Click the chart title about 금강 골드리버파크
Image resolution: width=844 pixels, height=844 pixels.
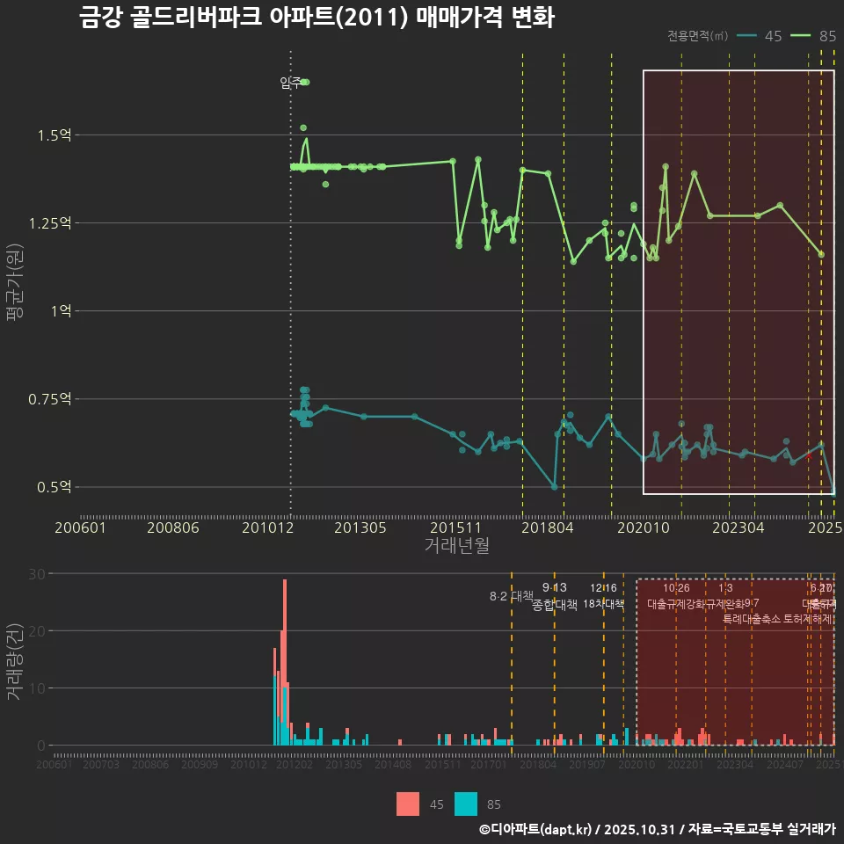click(316, 18)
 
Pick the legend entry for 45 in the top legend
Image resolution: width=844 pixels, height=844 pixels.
click(760, 36)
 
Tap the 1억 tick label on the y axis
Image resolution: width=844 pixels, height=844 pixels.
click(65, 311)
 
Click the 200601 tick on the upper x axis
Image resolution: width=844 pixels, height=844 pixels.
click(80, 528)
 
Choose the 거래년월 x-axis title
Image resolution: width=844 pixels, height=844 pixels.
click(457, 545)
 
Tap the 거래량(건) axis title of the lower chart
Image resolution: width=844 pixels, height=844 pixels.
click(14, 662)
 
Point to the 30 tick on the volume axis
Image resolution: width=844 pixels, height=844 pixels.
click(36, 573)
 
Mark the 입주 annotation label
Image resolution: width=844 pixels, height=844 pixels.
click(290, 83)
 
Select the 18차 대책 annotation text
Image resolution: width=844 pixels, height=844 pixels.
click(603, 604)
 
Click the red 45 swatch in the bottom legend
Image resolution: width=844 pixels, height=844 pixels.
click(408, 804)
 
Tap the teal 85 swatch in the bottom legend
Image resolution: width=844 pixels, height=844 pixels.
click(466, 804)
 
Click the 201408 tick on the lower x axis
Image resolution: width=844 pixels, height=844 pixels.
click(393, 766)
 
